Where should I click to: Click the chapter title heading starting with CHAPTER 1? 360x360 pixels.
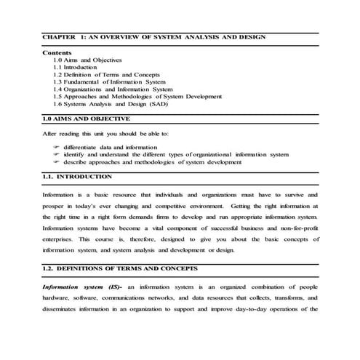tap(153, 36)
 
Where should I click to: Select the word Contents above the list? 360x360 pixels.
tap(57, 53)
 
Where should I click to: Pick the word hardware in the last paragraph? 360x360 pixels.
tap(56, 298)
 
